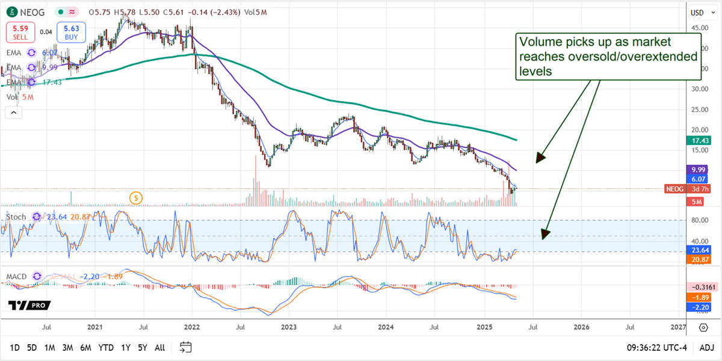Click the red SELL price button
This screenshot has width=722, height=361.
[x=20, y=31]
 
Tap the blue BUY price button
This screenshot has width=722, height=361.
[x=72, y=31]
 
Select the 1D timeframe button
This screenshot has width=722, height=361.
[x=15, y=347]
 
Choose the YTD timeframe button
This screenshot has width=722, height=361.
[x=106, y=347]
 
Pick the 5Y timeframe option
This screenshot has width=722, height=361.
[x=142, y=347]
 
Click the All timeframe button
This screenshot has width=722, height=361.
[x=160, y=347]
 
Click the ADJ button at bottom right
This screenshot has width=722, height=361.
[x=706, y=347]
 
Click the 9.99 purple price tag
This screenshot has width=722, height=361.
[x=700, y=169]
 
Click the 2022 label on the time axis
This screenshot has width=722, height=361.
[x=192, y=327]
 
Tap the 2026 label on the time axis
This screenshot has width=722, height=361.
[x=581, y=327]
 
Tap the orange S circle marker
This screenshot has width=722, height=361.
[x=137, y=197]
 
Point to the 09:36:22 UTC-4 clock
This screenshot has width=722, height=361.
[x=659, y=347]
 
